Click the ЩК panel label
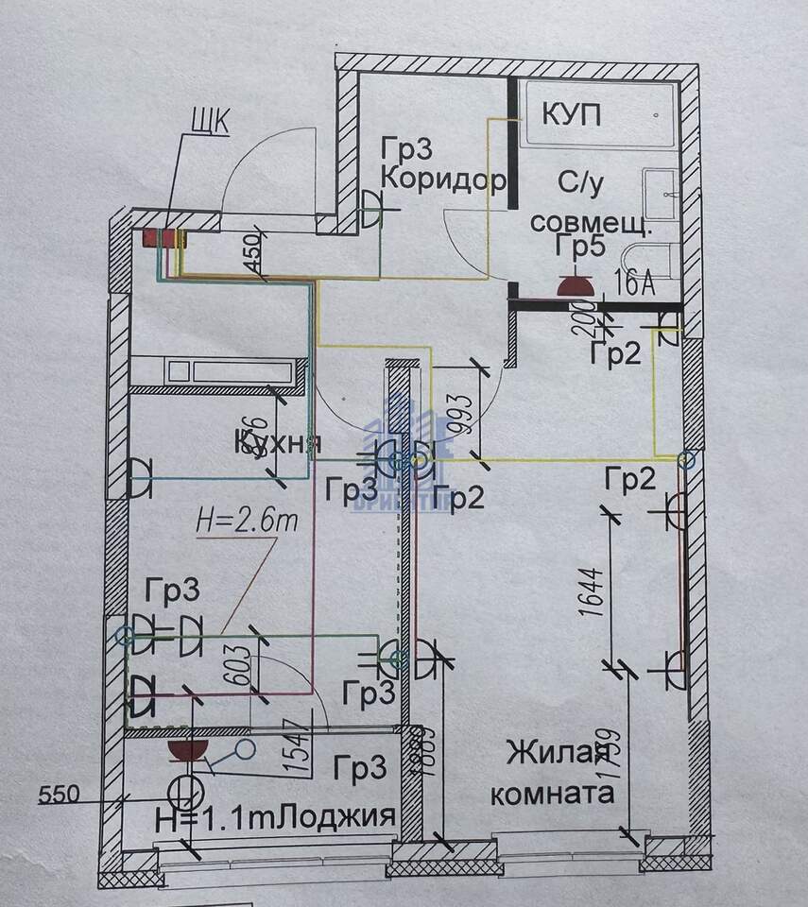pos(210,124)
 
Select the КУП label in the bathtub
pos(572,116)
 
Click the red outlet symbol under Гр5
pos(573,284)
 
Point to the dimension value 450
pos(252,254)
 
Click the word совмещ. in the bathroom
pos(591,224)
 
